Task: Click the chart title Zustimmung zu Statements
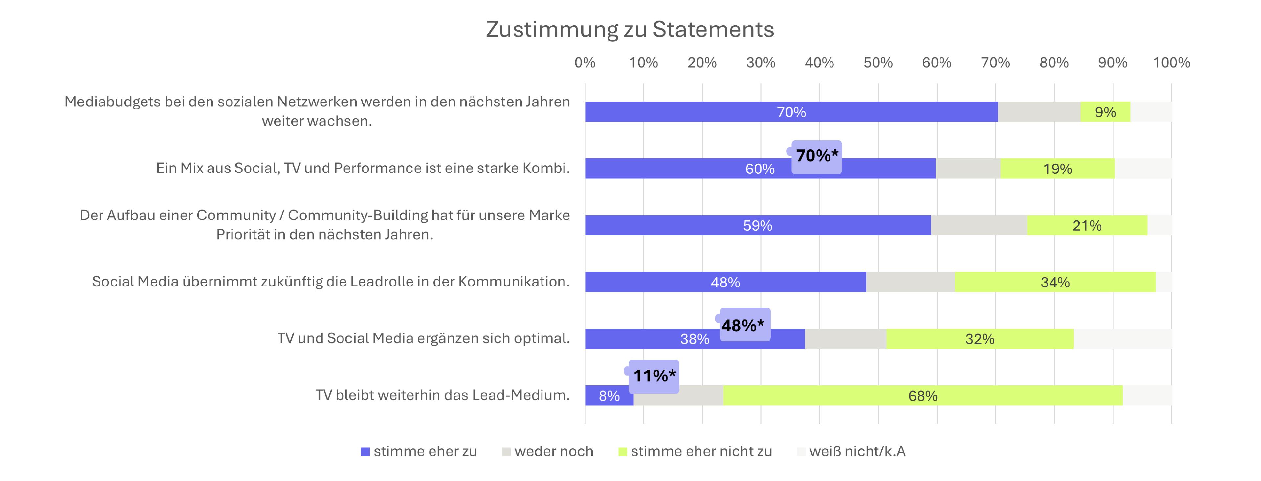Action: pos(630,29)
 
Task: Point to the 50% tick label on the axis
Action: pos(878,63)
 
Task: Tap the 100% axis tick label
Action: pos(1171,63)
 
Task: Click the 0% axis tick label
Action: pos(585,63)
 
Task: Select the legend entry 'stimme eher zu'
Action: pos(419,451)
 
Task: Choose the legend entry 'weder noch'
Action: pos(548,451)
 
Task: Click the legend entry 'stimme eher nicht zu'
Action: pos(695,451)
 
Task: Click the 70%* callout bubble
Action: pos(816,157)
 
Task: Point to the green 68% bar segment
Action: pos(923,395)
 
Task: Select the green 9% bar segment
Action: pos(1105,112)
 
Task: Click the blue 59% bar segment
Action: pos(758,225)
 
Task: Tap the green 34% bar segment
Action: pos(1055,282)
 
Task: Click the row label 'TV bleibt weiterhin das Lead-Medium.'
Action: pos(443,395)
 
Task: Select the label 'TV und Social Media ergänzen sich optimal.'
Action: pos(424,338)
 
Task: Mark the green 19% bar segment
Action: pos(1057,169)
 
